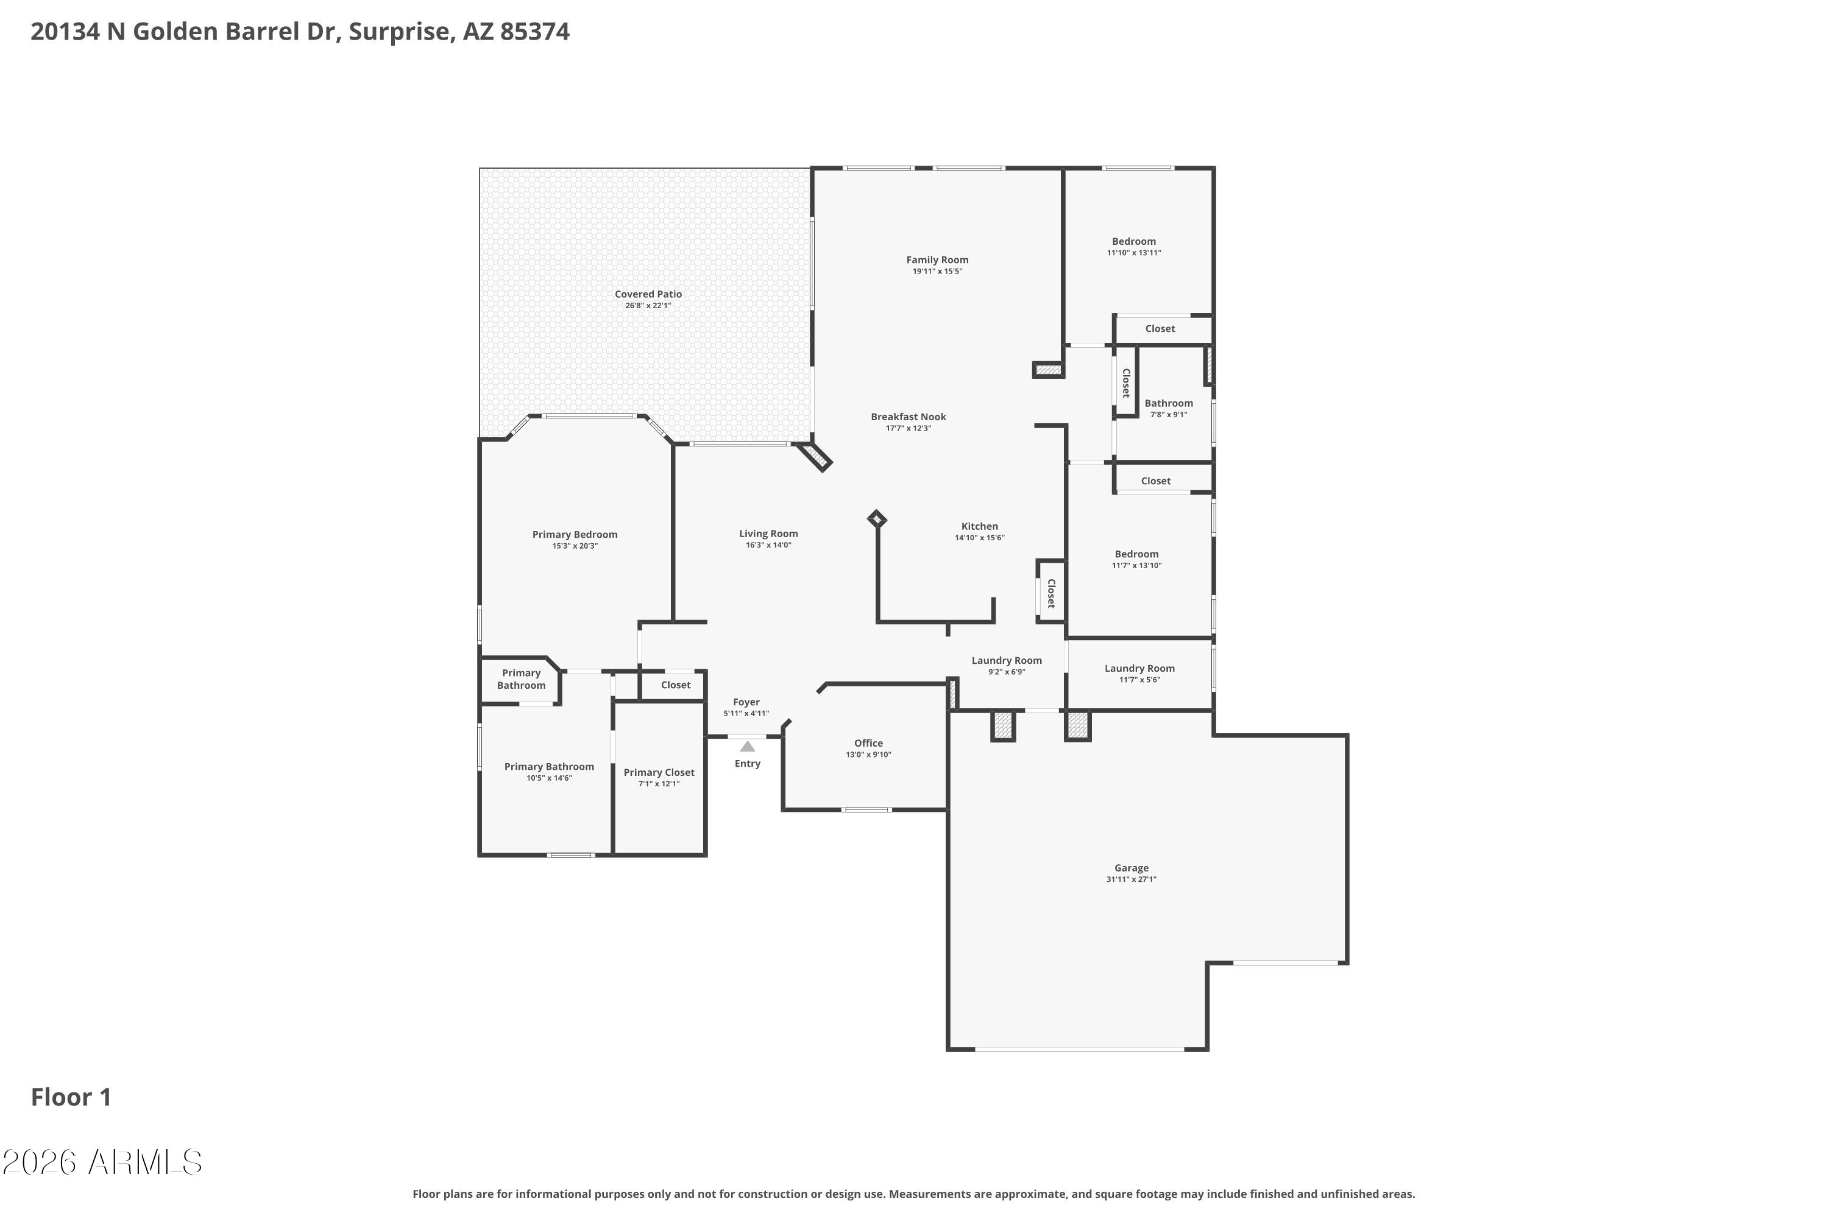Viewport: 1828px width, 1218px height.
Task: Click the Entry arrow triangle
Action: pyautogui.click(x=747, y=747)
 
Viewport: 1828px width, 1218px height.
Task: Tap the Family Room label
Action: pyautogui.click(x=937, y=260)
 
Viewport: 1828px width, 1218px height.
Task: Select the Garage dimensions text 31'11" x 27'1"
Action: pyautogui.click(x=1132, y=879)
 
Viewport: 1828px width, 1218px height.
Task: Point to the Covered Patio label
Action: pyautogui.click(x=648, y=294)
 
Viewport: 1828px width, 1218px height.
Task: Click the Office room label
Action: pyautogui.click(x=868, y=744)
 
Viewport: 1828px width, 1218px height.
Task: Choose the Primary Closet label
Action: pyautogui.click(x=659, y=773)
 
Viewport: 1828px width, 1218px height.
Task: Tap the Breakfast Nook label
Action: pyautogui.click(x=909, y=417)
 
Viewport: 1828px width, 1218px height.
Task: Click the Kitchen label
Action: pyautogui.click(x=979, y=527)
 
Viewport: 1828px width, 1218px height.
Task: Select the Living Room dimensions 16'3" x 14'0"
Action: pyautogui.click(x=768, y=545)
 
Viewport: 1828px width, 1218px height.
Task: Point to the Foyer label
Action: pyautogui.click(x=746, y=702)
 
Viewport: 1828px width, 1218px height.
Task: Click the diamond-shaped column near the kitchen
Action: pyautogui.click(x=877, y=519)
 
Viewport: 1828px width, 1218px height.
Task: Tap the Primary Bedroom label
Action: pyautogui.click(x=575, y=535)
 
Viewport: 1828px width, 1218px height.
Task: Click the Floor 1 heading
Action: pyautogui.click(x=71, y=1097)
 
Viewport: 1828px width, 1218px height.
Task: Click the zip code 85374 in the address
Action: pyautogui.click(x=535, y=32)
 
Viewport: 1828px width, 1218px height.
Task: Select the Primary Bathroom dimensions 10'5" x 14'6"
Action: pyautogui.click(x=550, y=778)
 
